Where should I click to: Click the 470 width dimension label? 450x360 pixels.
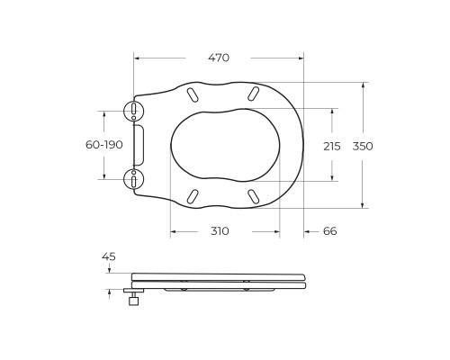[x=219, y=58]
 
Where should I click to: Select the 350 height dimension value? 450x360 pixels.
[x=363, y=147]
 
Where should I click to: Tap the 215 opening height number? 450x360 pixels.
[x=332, y=147]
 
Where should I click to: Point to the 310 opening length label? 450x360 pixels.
[x=220, y=231]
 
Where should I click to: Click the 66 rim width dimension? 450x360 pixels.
[x=329, y=231]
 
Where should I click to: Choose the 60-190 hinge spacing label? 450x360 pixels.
[x=104, y=145]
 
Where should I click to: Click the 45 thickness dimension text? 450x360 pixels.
[x=109, y=256]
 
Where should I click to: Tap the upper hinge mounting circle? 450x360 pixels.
[x=134, y=111]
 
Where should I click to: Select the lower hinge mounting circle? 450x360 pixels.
[x=134, y=179]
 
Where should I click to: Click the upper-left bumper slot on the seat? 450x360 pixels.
[x=192, y=94]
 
